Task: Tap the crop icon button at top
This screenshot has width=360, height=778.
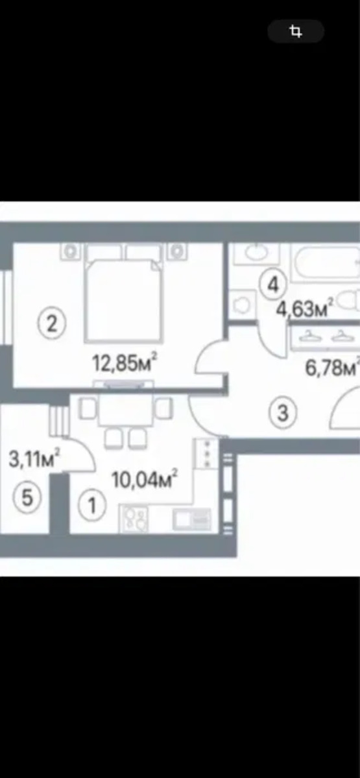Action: pyautogui.click(x=296, y=31)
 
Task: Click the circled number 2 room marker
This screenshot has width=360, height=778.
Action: pyautogui.click(x=52, y=324)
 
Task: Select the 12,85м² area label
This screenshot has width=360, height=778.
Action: pyautogui.click(x=125, y=362)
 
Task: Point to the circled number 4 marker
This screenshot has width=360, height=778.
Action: pyautogui.click(x=273, y=285)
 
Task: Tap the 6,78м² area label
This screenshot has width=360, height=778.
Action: pyautogui.click(x=332, y=367)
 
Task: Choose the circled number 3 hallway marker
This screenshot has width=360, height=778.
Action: pyautogui.click(x=283, y=414)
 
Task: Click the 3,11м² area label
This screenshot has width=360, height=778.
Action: pyautogui.click(x=34, y=458)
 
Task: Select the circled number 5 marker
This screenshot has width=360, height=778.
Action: pyautogui.click(x=27, y=497)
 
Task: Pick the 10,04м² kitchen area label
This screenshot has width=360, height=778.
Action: pyautogui.click(x=144, y=479)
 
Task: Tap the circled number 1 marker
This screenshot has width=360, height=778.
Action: pyautogui.click(x=92, y=505)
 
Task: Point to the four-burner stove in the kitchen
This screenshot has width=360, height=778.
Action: pyautogui.click(x=134, y=519)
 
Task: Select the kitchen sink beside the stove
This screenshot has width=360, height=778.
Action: pyautogui.click(x=192, y=520)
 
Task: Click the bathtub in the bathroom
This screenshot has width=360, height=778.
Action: pyautogui.click(x=325, y=263)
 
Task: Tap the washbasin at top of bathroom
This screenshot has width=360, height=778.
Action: pyautogui.click(x=256, y=254)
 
